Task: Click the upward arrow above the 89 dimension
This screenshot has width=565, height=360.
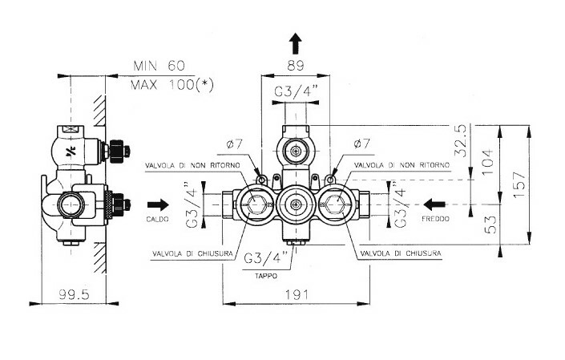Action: (295, 42)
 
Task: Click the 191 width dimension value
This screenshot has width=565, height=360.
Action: (297, 294)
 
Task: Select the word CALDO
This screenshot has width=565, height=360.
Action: (157, 218)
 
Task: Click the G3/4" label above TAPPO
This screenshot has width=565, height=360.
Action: (268, 257)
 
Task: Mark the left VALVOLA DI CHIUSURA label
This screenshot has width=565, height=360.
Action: (192, 253)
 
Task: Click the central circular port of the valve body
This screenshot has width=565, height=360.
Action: (296, 205)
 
